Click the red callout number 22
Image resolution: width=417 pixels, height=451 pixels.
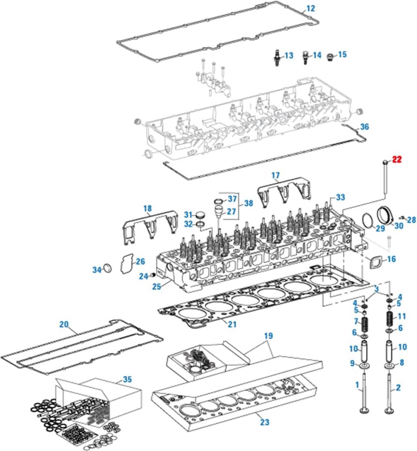397,160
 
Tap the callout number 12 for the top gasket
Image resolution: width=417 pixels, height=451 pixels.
311,8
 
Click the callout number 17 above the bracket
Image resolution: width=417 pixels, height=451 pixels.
276,175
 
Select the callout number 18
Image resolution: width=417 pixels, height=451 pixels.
147,208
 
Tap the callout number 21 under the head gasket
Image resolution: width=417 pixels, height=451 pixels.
232,324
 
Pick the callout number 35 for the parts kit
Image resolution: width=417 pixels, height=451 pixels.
127,380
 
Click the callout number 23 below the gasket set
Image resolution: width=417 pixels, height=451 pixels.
265,422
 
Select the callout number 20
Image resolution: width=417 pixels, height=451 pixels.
64,324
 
